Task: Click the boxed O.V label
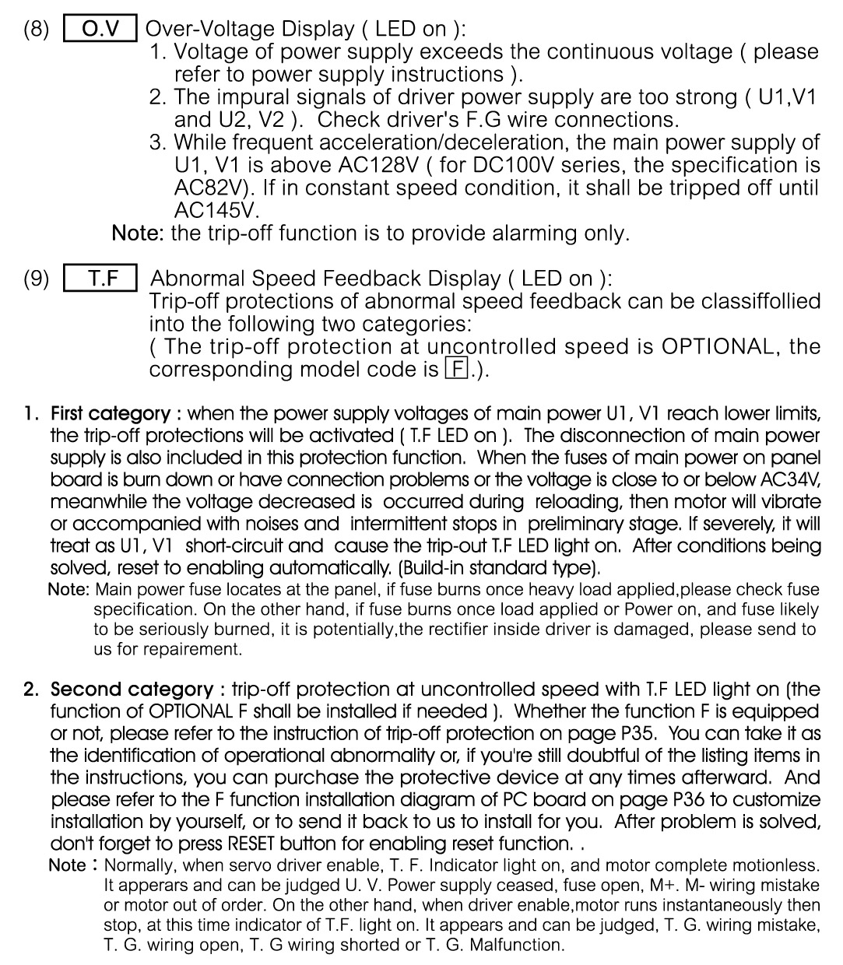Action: pos(100,29)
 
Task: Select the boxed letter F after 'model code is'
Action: pos(455,369)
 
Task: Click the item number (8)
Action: pos(36,29)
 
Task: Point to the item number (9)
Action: pos(36,279)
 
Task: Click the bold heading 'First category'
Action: pos(111,413)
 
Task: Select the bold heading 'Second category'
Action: pos(132,690)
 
